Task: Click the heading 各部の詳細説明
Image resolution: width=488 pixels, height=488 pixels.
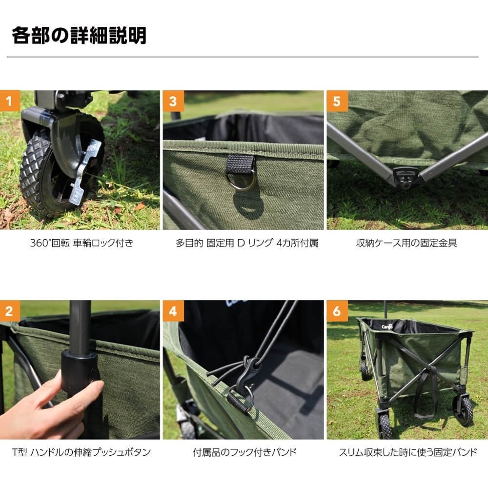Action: tap(79, 36)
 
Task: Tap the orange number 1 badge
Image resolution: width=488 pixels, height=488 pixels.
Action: tap(10, 101)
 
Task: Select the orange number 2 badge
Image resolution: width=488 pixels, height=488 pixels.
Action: tap(10, 310)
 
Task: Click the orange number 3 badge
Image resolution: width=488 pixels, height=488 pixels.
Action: tap(173, 101)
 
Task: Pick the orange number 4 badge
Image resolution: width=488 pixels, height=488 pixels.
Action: tap(173, 310)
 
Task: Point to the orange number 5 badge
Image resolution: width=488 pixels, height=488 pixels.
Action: tap(337, 101)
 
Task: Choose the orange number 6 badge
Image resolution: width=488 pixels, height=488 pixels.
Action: tap(337, 310)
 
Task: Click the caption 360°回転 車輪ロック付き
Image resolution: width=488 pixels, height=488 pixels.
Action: tap(81, 243)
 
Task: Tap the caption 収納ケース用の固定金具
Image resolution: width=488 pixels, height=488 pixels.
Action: tap(407, 243)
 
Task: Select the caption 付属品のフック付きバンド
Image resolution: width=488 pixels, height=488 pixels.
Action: tap(244, 452)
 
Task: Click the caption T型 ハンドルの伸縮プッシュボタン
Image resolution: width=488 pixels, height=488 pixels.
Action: tap(81, 452)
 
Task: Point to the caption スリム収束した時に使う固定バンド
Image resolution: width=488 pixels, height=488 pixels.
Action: tap(407, 452)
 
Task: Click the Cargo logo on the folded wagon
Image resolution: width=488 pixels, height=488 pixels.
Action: tap(387, 326)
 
